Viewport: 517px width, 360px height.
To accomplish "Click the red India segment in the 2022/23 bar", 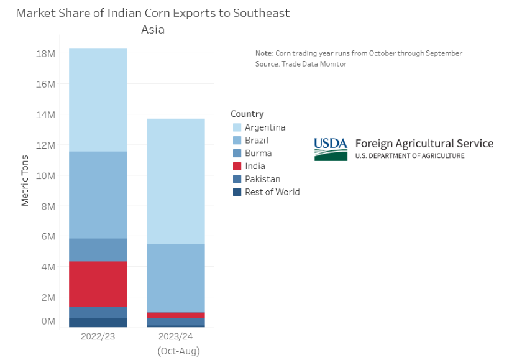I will point(98,284).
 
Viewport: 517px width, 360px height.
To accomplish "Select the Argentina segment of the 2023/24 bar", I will point(175,181).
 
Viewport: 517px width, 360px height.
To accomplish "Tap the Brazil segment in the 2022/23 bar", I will point(98,195).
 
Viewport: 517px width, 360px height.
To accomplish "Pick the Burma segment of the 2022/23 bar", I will point(98,249).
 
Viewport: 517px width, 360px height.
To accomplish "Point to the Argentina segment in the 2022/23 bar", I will point(98,99).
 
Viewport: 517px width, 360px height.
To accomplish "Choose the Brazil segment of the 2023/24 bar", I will point(175,278).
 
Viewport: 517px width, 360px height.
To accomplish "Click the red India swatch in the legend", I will point(237,166).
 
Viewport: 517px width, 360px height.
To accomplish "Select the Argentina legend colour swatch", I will point(237,127).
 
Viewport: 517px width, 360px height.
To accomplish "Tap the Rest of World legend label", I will point(272,192).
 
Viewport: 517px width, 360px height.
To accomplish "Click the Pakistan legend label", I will point(262,179).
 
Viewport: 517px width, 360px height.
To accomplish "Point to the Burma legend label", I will point(258,153).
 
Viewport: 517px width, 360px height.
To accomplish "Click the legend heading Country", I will point(247,114).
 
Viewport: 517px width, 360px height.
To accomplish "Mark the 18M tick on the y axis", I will point(46,53).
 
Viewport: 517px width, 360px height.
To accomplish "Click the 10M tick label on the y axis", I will point(46,175).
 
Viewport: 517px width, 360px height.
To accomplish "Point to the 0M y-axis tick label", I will point(47,321).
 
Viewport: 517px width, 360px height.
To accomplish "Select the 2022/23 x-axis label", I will point(98,336).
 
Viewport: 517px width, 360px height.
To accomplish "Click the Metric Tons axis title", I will point(25,180).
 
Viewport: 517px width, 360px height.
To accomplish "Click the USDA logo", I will point(331,149).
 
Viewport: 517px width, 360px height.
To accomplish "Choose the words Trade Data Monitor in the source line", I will point(314,64).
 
